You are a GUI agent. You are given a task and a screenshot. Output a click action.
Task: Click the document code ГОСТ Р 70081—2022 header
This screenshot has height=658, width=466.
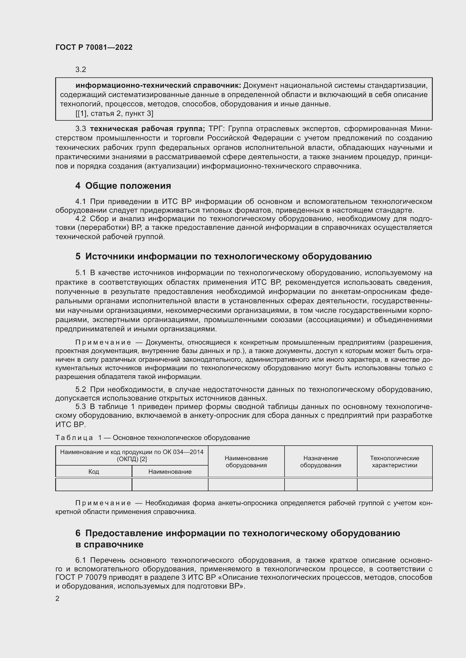pos(94,47)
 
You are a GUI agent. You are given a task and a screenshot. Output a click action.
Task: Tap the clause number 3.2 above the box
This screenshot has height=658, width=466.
pos(81,70)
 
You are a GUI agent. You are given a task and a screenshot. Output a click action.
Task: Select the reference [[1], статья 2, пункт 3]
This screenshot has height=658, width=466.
pos(114,114)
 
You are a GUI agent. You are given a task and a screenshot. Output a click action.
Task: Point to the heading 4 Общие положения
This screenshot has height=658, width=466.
pos(123,186)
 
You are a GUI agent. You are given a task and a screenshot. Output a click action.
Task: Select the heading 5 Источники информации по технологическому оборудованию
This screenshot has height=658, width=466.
pos(223,256)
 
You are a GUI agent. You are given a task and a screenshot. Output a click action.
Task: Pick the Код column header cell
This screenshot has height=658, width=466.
pos(94,471)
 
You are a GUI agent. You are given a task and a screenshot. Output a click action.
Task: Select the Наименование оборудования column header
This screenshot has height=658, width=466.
pos(246,462)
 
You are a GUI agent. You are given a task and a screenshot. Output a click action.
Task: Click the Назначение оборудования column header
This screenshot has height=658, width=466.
pos(321,462)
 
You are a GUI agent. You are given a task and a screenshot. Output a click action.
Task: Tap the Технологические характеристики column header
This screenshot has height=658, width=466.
pos(394,462)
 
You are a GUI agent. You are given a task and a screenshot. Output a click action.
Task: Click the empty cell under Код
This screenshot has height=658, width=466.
pos(94,485)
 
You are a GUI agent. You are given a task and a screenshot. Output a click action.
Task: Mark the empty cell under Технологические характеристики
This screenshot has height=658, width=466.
pos(394,485)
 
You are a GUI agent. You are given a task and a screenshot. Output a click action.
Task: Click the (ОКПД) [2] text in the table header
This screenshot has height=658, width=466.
pos(132,459)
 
